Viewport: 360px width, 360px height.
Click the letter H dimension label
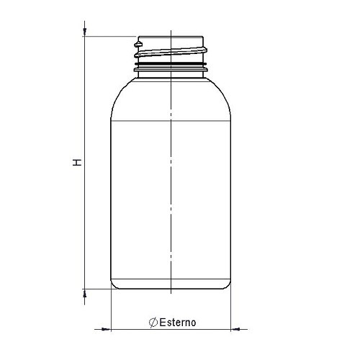click(x=77, y=163)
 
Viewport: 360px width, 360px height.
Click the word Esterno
click(x=178, y=323)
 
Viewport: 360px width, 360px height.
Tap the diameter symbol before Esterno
click(x=153, y=323)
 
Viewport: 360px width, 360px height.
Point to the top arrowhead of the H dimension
click(x=84, y=32)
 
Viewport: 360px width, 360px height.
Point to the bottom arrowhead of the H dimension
click(x=84, y=294)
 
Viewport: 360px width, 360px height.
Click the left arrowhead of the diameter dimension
click(x=106, y=329)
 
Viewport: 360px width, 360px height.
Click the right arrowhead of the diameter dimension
click(x=235, y=329)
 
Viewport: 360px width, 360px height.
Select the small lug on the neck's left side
click(x=138, y=45)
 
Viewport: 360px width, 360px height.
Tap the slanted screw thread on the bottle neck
click(x=171, y=53)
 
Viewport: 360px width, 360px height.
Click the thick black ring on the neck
click(x=171, y=64)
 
